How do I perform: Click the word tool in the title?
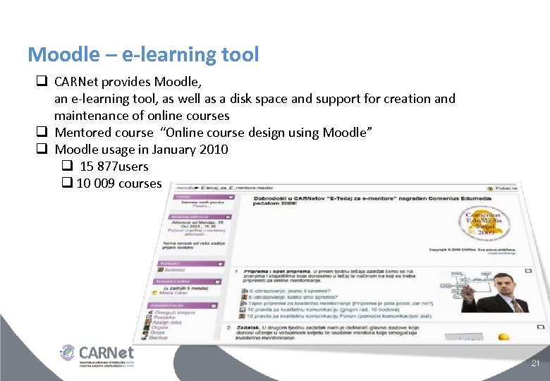(x=241, y=54)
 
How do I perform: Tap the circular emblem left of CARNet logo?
(x=68, y=352)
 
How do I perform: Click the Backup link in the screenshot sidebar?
(x=159, y=338)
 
